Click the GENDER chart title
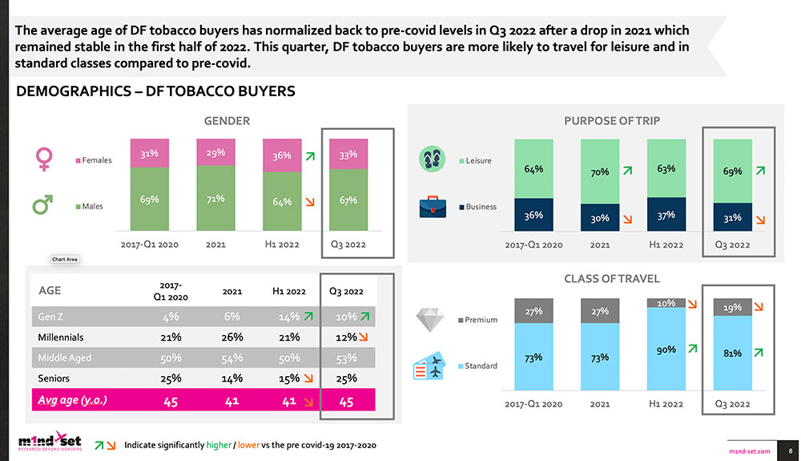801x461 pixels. point(227,121)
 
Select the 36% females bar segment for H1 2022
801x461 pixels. point(282,156)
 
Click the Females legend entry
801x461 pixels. point(96,160)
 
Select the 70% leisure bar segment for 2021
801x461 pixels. point(600,171)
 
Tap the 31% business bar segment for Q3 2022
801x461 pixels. point(731,216)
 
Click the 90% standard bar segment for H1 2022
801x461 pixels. point(666,350)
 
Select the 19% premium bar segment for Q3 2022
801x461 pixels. point(731,307)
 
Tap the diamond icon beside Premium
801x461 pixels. point(430,320)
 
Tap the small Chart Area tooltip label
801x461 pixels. point(63,259)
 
